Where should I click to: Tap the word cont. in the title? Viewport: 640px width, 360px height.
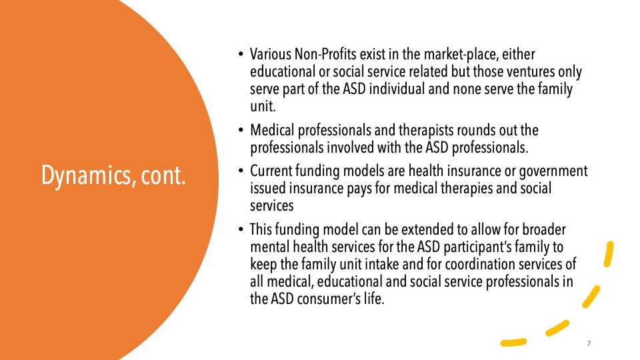[163, 176]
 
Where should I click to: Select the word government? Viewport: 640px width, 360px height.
[553, 171]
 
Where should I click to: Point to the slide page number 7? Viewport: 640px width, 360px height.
[589, 343]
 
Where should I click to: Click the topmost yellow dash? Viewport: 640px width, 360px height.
[609, 254]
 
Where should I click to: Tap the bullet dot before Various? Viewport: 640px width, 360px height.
[241, 54]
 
